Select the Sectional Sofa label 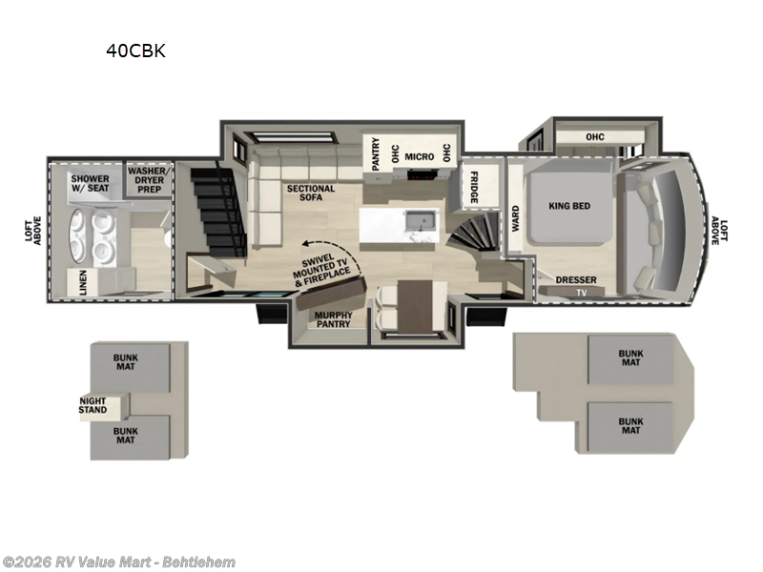311,194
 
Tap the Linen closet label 83,281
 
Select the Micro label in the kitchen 419,156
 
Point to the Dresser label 576,280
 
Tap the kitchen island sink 417,222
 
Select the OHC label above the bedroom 595,136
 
